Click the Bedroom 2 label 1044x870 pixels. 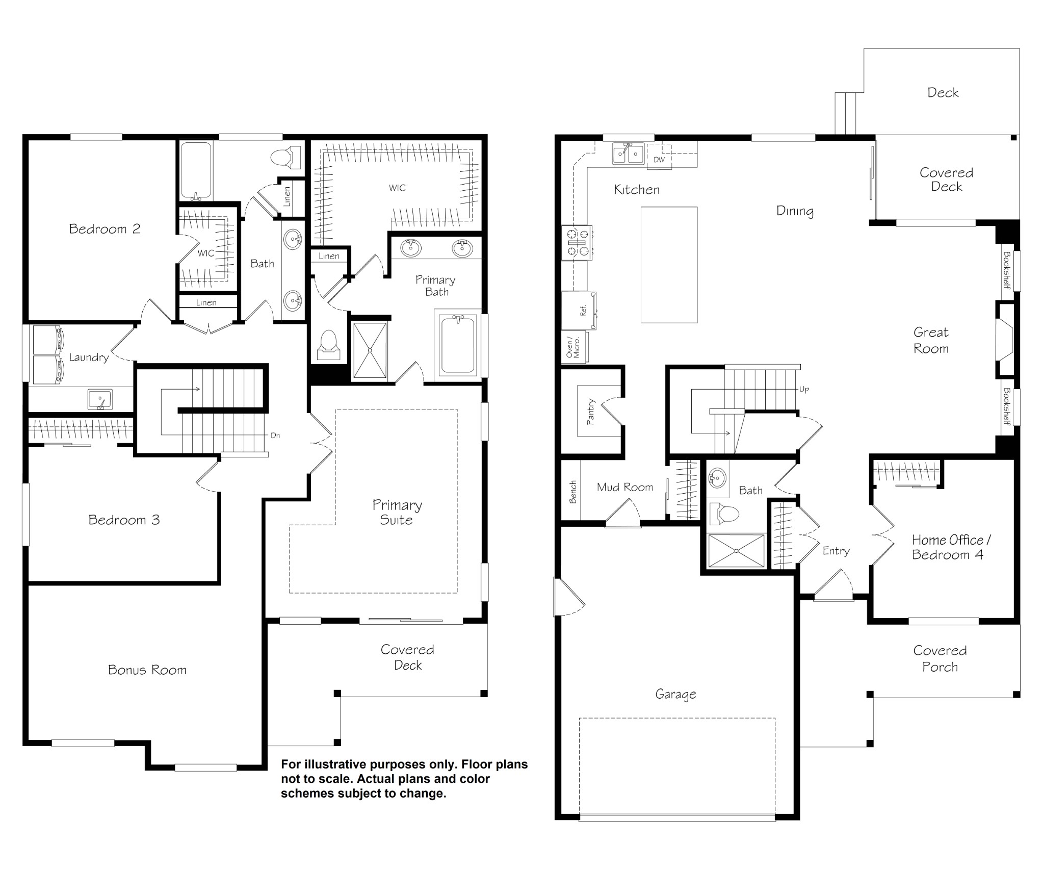coord(105,229)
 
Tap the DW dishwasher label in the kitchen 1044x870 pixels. coord(659,160)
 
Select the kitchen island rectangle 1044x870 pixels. coord(669,265)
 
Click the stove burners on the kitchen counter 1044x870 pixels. coord(577,243)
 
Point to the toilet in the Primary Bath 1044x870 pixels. coord(328,344)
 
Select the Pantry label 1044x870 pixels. coord(591,412)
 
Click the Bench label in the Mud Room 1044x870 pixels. coord(572,492)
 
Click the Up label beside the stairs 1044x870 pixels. coord(804,389)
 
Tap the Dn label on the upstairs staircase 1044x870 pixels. coord(275,436)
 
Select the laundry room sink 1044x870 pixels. coord(100,399)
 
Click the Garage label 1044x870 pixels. coord(675,695)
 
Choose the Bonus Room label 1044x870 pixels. coord(147,670)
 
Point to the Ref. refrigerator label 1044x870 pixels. coord(584,310)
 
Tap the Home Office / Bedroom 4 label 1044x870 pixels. coord(951,547)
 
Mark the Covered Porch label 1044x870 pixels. coord(940,658)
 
